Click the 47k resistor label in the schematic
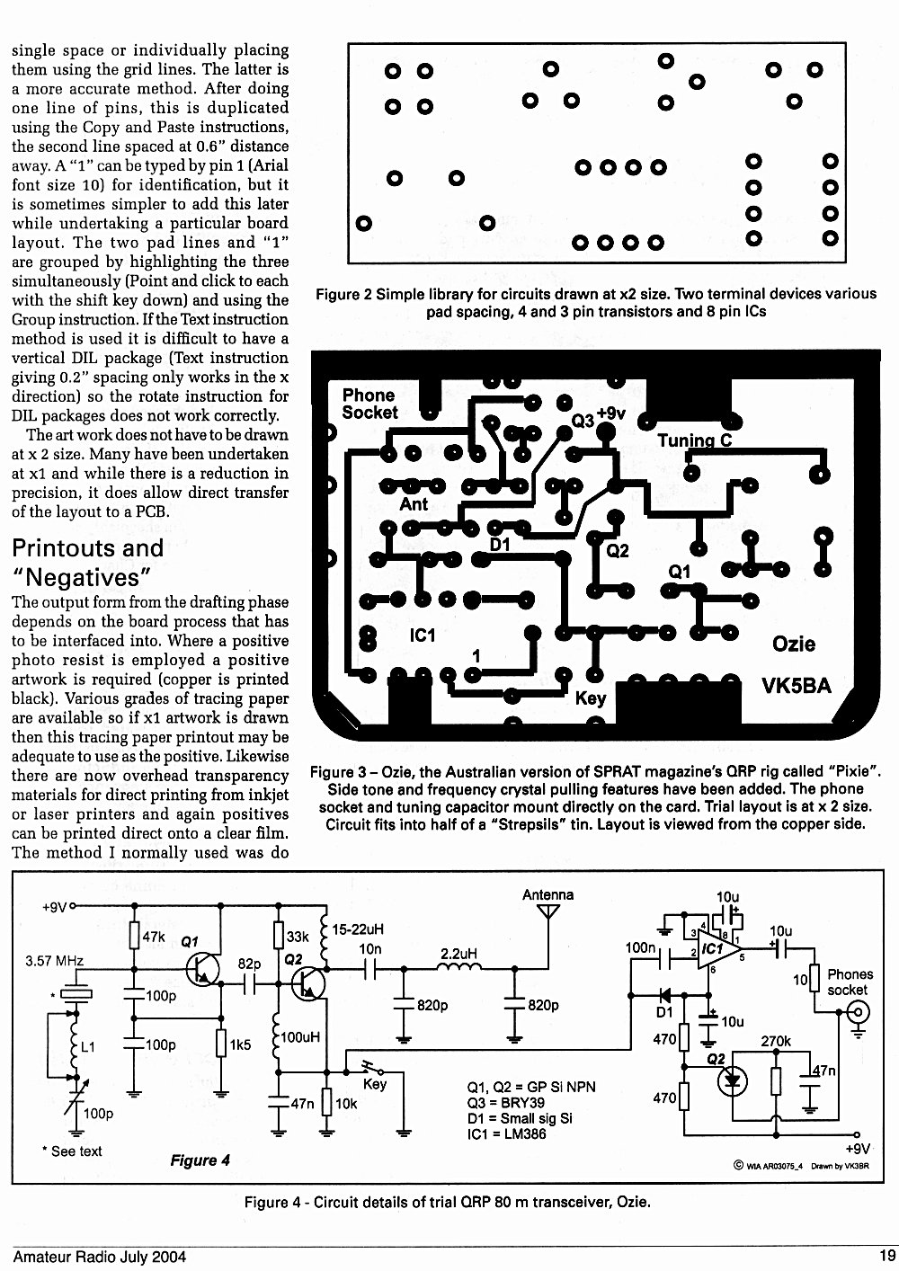(153, 937)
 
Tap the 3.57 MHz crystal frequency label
(55, 961)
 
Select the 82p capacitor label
(249, 964)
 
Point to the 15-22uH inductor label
(358, 929)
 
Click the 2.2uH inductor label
(459, 954)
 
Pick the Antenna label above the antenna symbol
(547, 895)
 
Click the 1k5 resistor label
(240, 1044)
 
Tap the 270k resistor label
(776, 1041)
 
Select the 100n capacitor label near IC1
(640, 947)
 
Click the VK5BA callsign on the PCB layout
(796, 686)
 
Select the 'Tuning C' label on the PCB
(695, 440)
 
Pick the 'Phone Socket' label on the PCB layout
(369, 404)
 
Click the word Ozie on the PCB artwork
(794, 644)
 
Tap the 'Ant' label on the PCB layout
(414, 504)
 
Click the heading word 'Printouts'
(87, 548)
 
